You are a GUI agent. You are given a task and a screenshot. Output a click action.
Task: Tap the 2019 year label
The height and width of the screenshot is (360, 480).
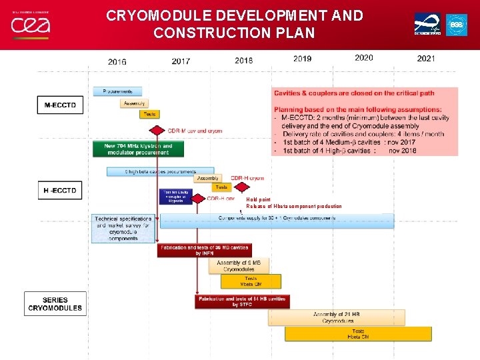302,59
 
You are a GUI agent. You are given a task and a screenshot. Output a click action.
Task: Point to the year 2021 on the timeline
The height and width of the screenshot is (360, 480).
426,59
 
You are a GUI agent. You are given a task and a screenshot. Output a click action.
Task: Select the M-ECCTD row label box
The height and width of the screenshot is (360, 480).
61,105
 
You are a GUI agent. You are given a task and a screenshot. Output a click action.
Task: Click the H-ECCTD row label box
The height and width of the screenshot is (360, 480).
61,191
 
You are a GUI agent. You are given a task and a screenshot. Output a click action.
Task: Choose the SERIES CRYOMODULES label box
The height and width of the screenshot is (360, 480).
55,304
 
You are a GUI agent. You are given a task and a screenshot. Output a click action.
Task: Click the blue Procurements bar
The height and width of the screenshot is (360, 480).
117,91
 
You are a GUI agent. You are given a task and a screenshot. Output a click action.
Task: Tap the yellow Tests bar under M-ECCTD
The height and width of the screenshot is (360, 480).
149,114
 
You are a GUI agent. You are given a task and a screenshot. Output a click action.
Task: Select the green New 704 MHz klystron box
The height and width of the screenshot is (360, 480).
138,149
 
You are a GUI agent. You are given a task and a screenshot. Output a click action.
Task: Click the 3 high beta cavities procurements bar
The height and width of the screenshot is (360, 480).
161,171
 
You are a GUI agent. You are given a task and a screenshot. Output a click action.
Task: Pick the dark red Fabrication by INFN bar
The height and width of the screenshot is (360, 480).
205,250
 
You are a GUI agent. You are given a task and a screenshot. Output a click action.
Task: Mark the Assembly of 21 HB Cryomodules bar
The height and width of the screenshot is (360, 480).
336,317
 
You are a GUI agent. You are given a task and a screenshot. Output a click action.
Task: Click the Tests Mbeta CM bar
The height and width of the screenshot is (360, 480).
251,281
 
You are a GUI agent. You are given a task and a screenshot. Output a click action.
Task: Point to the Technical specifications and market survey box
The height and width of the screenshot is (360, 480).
123,228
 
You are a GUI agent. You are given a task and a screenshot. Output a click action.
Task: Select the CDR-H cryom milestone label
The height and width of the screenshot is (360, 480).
247,178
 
